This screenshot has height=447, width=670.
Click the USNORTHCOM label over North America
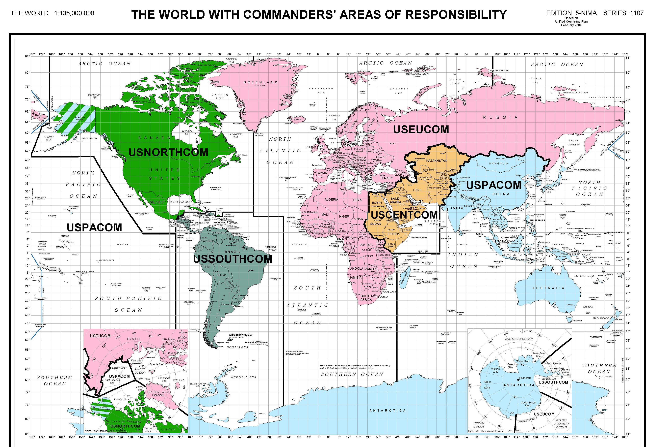(x=168, y=153)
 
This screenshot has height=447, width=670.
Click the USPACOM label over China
(x=493, y=185)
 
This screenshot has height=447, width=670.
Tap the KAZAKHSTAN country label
(x=437, y=160)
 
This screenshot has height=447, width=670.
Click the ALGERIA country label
(x=331, y=200)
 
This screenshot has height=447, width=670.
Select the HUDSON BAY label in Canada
(x=187, y=133)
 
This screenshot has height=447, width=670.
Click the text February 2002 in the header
(x=571, y=25)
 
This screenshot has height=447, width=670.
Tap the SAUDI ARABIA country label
(x=395, y=200)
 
